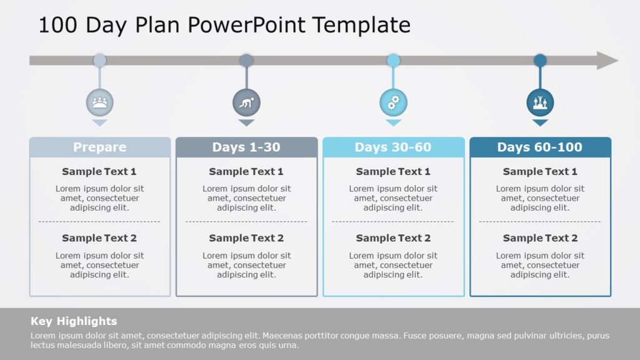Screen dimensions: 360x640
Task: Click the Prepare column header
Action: [x=100, y=147]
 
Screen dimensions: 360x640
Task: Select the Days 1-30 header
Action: [x=246, y=147]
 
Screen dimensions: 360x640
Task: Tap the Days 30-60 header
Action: [x=393, y=147]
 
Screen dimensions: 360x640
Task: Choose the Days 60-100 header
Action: [x=540, y=147]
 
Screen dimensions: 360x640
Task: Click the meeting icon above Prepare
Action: [x=100, y=102]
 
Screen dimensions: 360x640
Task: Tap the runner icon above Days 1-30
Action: [x=246, y=102]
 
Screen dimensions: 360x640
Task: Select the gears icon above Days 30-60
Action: [x=393, y=102]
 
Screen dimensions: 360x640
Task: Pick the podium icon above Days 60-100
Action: [x=540, y=102]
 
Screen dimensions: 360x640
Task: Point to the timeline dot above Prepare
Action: [x=99, y=61]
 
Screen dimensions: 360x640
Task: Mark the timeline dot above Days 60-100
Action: [x=540, y=61]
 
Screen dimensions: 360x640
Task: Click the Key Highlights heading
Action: [x=74, y=321]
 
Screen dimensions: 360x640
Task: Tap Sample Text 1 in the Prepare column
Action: [x=99, y=171]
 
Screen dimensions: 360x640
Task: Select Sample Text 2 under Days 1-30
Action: [x=246, y=238]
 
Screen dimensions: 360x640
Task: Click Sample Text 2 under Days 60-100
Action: [x=540, y=238]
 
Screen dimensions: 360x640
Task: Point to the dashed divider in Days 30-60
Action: [x=393, y=221]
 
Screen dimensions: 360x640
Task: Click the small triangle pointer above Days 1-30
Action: [x=246, y=123]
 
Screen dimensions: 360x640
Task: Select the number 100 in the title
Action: [x=58, y=25]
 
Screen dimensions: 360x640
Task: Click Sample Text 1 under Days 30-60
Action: [x=393, y=171]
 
